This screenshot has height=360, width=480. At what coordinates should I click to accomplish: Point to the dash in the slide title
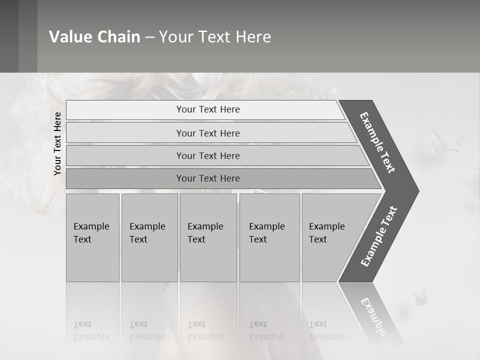[x=149, y=37]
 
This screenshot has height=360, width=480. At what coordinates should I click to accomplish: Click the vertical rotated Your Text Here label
[x=57, y=143]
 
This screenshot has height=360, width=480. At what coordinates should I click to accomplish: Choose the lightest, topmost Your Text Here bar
[x=208, y=110]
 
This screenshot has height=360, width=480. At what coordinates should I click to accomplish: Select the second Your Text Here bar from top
[x=208, y=133]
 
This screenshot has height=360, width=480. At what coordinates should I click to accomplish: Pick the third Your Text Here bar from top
[x=208, y=156]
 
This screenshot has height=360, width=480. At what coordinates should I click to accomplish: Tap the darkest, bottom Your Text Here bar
[x=208, y=178]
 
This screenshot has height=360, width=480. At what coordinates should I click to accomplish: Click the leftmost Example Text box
[x=92, y=237]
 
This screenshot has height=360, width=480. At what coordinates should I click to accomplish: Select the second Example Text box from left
[x=149, y=237]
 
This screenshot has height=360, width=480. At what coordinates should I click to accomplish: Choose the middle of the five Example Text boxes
[x=208, y=237]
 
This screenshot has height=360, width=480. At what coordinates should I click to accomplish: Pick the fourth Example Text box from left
[x=269, y=237]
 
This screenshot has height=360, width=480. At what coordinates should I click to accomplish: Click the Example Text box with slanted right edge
[x=330, y=237]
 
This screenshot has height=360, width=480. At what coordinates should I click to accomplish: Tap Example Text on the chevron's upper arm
[x=377, y=143]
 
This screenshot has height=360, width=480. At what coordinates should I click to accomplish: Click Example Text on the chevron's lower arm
[x=378, y=236]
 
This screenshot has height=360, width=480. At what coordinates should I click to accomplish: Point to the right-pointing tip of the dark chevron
[x=417, y=191]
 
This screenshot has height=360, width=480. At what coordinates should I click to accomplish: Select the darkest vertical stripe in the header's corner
[x=9, y=36]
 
